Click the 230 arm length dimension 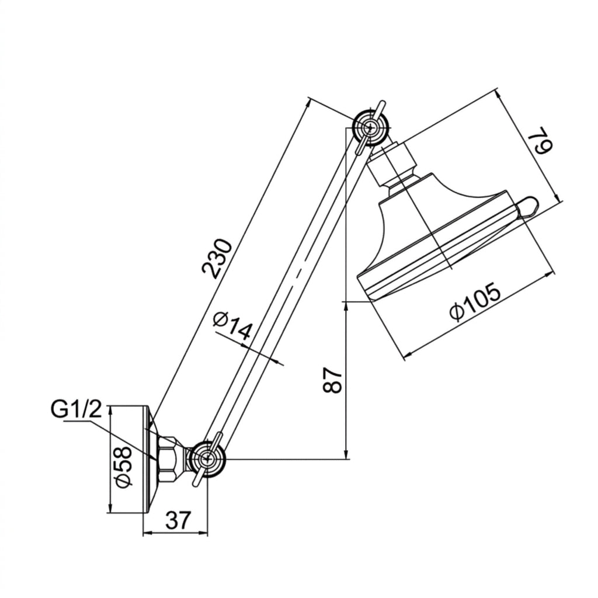217,258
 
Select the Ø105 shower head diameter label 474,302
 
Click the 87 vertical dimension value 332,381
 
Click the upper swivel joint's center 369,128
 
